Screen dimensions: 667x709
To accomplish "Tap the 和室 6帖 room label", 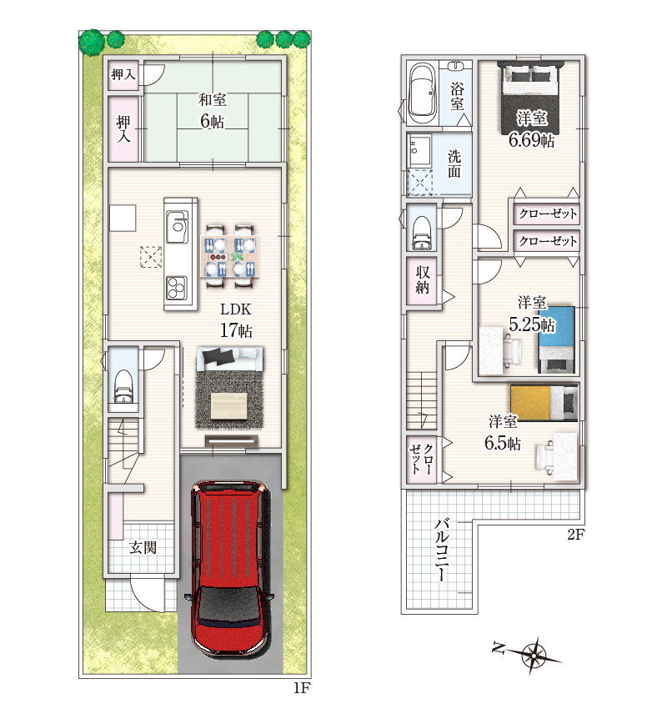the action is point(213,111).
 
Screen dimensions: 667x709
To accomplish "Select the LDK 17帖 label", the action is point(235,320).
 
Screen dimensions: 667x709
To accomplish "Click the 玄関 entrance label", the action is point(143,547).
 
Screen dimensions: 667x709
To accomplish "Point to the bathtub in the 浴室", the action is point(423,90).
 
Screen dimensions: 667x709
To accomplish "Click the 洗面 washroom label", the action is point(454,163).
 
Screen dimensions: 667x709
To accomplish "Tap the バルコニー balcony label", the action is point(442,551).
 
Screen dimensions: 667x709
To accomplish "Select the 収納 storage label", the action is point(423,280).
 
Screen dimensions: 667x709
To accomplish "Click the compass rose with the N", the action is point(529,654).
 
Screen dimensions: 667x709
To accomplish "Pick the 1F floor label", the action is point(302,688).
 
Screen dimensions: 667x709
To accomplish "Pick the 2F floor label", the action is point(576,535).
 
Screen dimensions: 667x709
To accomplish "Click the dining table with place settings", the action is point(230,256).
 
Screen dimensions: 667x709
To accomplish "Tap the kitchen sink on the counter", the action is point(177,227).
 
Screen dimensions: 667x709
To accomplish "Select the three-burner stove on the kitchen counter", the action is point(177,288).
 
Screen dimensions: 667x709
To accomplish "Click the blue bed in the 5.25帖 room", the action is point(556,339).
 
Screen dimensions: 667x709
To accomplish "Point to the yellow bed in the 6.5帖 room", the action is point(544,402).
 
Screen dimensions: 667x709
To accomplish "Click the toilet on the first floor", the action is point(123,386).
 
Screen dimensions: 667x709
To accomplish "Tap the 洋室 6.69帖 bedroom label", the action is point(531,129).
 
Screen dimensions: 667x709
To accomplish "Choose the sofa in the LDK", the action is point(229,358).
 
